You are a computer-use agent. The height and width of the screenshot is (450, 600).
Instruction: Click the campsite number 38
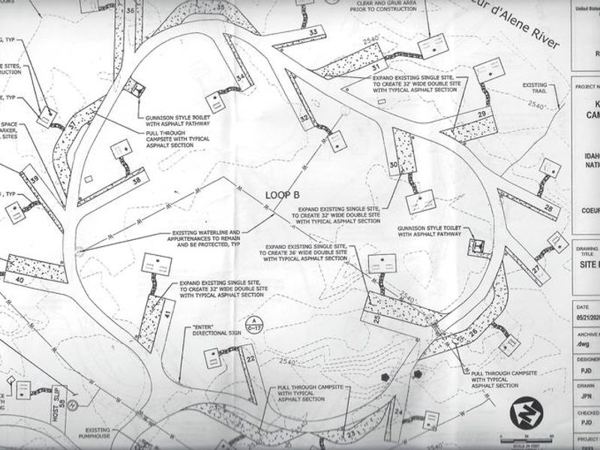pyautogui.click(x=136, y=180)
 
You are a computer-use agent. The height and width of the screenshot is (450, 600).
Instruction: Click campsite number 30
pyautogui.click(x=394, y=166)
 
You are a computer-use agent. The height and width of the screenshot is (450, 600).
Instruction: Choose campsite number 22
pyautogui.click(x=251, y=358)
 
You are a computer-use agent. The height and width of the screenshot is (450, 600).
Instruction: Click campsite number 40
pyautogui.click(x=20, y=280)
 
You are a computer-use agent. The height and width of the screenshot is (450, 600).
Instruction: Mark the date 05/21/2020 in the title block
pyautogui.click(x=586, y=316)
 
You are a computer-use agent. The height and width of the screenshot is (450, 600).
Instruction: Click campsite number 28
pyautogui.click(x=549, y=208)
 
